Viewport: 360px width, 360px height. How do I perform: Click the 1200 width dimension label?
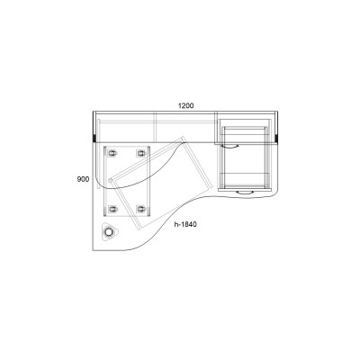click(186, 105)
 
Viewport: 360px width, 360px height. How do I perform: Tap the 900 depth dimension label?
click(83, 179)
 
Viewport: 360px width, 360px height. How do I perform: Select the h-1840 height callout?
click(185, 224)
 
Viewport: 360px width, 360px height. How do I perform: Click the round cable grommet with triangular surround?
click(109, 232)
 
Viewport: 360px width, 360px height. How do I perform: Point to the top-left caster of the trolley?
click(112, 153)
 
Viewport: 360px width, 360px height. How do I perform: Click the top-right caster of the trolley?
click(140, 153)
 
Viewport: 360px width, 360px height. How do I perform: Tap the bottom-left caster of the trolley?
click(112, 209)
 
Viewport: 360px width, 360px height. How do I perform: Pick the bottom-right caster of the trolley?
click(140, 209)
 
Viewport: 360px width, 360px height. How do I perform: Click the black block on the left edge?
click(94, 139)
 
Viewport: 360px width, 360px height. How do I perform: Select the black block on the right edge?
click(276, 139)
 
